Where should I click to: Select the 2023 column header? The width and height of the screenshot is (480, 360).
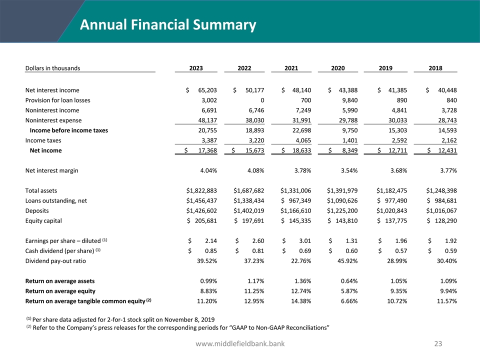tap(196, 68)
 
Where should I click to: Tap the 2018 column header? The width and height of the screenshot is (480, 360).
tap(435, 68)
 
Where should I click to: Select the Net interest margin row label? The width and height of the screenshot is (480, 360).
tap(51, 170)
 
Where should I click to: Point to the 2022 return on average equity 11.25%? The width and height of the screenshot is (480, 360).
tap(252, 290)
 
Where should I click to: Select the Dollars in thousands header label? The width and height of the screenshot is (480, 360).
tap(52, 68)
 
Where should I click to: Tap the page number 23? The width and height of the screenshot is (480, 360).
tap(438, 343)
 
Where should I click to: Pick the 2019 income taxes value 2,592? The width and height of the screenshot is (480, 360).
tap(396, 140)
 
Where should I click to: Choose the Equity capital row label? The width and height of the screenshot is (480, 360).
tap(43, 220)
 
